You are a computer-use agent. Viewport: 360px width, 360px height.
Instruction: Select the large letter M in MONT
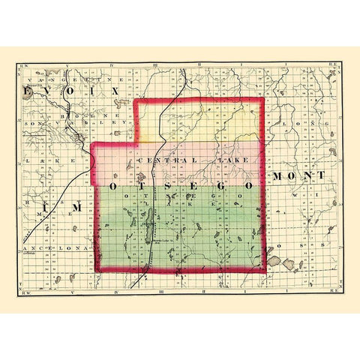tap(277, 175)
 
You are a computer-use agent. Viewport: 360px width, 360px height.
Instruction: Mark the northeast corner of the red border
tap(262, 100)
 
